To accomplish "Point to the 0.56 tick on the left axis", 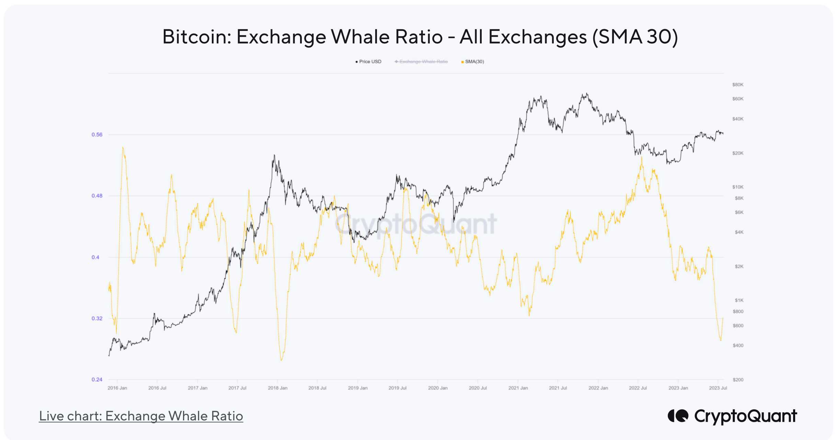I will point(97,134).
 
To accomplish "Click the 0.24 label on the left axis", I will point(97,379).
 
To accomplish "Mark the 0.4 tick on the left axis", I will point(95,257).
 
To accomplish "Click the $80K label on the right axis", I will point(737,85).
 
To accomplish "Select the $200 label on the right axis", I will point(738,379).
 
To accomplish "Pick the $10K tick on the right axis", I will point(737,187).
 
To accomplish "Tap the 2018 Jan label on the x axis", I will point(277,388).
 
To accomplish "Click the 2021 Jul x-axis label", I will point(558,388).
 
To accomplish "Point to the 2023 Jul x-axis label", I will point(718,388).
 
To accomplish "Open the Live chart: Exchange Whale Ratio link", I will point(141,416).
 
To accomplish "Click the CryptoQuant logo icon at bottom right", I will point(678,416).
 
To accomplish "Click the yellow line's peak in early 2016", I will point(123,147).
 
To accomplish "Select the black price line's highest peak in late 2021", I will point(587,93).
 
